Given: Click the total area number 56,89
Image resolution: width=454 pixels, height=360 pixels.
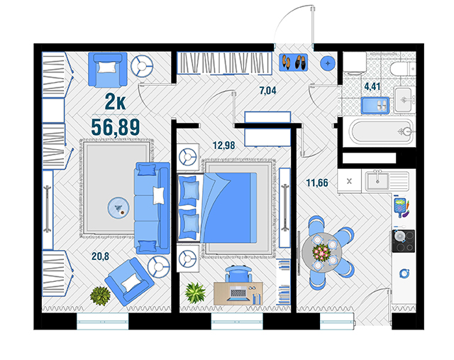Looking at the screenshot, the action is [x=116, y=127].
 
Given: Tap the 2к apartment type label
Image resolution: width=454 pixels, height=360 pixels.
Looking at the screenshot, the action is [x=115, y=102].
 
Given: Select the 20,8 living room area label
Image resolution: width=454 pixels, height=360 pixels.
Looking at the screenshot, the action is [x=101, y=256].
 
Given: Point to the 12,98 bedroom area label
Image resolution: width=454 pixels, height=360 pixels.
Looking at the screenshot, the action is [x=224, y=145].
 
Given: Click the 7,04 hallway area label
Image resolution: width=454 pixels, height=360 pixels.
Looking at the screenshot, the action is [x=268, y=91].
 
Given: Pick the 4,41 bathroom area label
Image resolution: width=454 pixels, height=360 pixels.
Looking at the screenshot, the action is [x=372, y=87].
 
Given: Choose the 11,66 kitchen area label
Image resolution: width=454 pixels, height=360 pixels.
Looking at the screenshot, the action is [x=317, y=183].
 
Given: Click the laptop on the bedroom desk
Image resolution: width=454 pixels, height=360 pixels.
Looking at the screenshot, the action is [x=238, y=293].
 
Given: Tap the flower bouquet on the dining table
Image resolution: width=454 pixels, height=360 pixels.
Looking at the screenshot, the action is [x=321, y=251].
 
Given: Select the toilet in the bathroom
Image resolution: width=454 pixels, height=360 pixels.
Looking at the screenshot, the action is [x=403, y=69].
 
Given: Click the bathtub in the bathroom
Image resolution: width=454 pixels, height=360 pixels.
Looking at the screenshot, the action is [x=382, y=132].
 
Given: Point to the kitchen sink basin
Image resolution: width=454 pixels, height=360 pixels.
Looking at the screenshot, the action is [x=377, y=181].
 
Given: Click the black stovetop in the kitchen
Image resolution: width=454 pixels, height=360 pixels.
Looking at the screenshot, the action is [x=404, y=241].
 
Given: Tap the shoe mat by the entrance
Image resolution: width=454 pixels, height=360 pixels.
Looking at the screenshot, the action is [x=293, y=62].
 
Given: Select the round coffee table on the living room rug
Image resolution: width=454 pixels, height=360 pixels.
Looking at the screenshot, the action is [x=118, y=208].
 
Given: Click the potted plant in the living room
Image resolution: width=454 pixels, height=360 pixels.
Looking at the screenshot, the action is [x=101, y=296].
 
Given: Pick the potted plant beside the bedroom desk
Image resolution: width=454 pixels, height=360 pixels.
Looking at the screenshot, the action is [x=196, y=293].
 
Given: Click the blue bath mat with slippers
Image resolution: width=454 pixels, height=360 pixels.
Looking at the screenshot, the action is [x=375, y=106].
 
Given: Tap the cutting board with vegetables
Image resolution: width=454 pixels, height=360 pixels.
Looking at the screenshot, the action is [x=402, y=207].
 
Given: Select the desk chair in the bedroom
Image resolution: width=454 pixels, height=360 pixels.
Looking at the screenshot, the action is [x=238, y=273].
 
